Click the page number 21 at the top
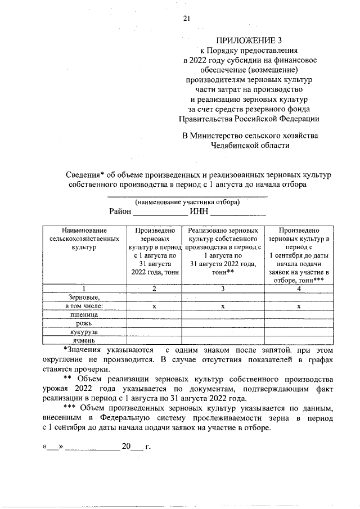point(187,19)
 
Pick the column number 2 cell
point(154,289)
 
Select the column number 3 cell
point(223,289)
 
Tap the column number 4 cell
point(299,289)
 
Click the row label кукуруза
point(84,332)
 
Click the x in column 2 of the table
point(154,307)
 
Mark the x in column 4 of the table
point(299,307)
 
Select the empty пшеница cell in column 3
point(223,315)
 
